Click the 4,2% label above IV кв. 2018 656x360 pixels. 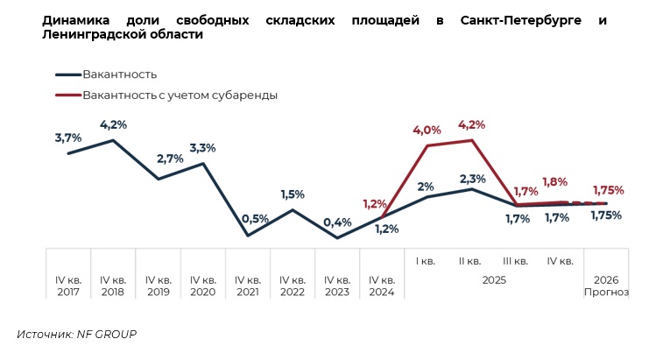pos(113,124)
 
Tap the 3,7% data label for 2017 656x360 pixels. pos(67,138)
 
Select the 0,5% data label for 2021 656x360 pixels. pos(255,218)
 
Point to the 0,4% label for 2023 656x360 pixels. pos(337,222)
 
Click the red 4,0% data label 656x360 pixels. pos(427,131)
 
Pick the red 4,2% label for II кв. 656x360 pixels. pos(472,124)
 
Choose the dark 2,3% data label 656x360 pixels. pos(472,179)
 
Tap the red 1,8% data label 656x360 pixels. pos(554,182)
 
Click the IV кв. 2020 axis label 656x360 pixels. pos(203,286)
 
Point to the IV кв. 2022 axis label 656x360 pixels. pos(293,286)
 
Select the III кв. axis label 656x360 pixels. pos(515,260)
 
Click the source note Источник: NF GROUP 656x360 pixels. pos(77,334)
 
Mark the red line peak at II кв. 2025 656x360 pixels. pos(473,140)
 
